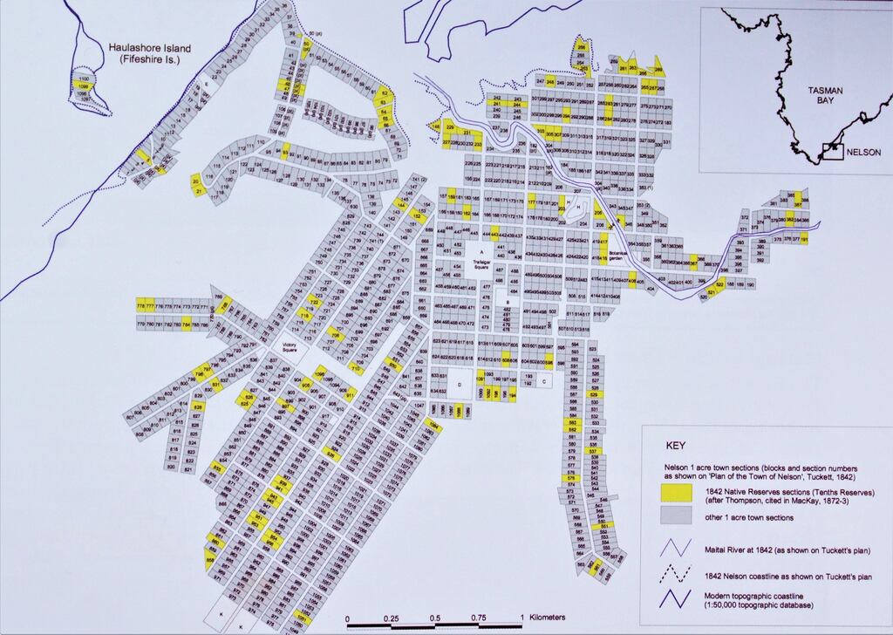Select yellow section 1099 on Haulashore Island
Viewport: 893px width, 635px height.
pyautogui.click(x=84, y=87)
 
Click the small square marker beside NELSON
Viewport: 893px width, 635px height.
pyautogui.click(x=832, y=152)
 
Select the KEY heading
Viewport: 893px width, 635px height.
pyautogui.click(x=676, y=443)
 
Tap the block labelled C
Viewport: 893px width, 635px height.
pyautogui.click(x=544, y=381)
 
